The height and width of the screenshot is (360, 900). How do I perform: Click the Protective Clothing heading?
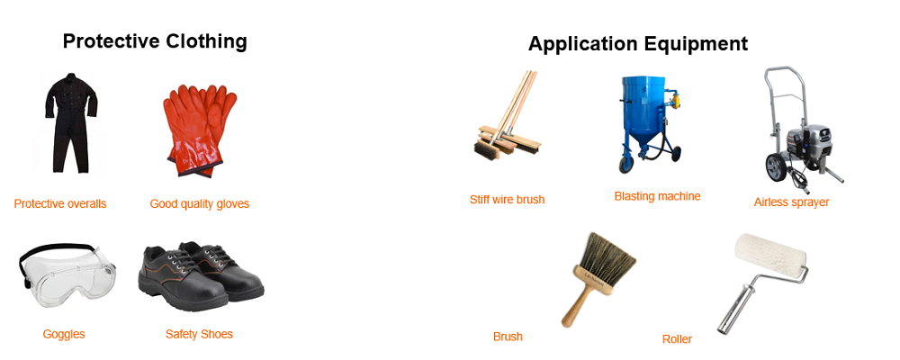[x=155, y=41]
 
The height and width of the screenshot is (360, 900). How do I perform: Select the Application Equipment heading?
[x=638, y=43]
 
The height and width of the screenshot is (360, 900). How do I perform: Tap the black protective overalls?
[x=71, y=122]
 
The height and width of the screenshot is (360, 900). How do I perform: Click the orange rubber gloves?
[x=200, y=130]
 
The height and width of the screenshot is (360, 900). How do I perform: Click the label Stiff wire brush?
[x=507, y=200]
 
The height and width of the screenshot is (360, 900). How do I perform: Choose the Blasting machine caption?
[x=657, y=196]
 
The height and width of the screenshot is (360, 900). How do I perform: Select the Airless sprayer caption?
[x=791, y=202]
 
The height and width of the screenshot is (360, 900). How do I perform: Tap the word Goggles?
[x=64, y=334]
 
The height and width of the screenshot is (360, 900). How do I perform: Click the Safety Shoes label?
[x=199, y=334]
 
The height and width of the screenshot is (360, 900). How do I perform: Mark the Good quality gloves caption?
[x=200, y=203]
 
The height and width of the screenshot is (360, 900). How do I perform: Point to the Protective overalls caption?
[x=60, y=203]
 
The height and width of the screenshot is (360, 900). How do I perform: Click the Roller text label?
[x=677, y=338]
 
